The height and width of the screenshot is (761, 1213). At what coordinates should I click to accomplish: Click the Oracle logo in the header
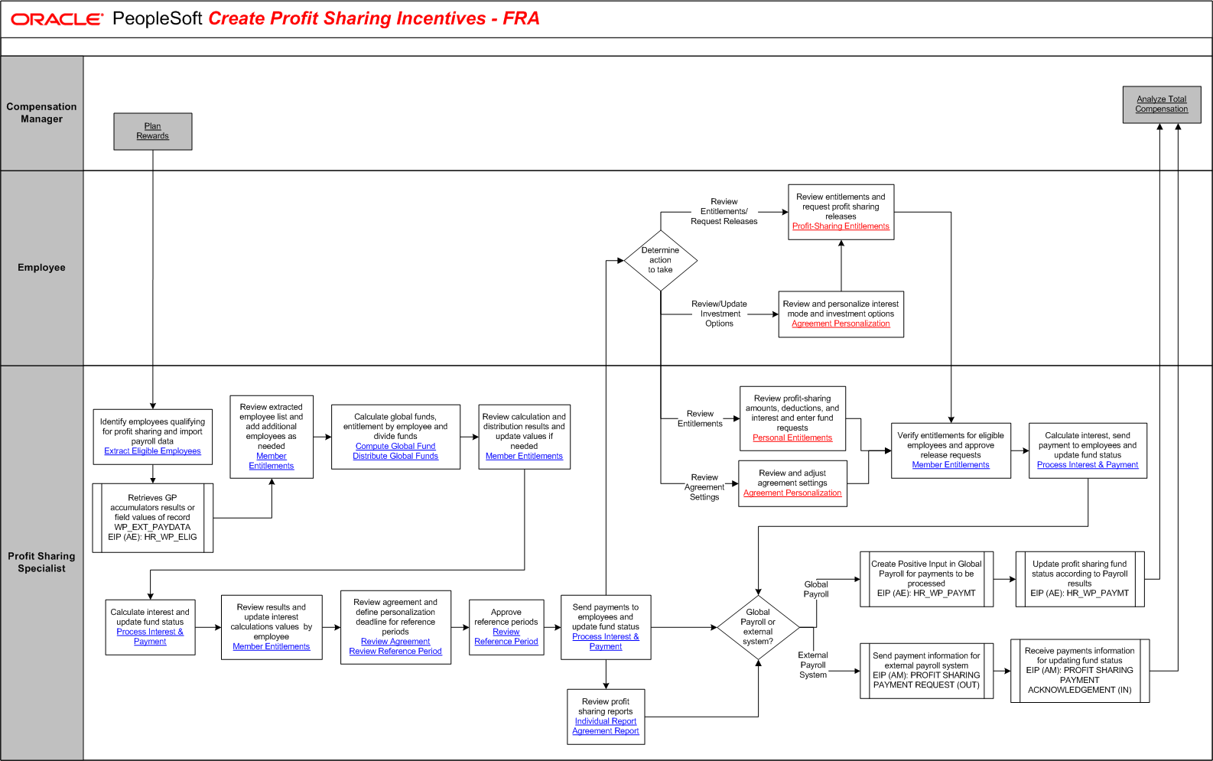[x=57, y=19]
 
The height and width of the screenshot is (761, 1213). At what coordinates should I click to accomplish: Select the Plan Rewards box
[x=153, y=132]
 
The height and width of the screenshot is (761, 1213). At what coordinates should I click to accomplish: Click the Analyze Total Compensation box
[x=1161, y=104]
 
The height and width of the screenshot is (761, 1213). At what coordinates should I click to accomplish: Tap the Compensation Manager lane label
[x=41, y=113]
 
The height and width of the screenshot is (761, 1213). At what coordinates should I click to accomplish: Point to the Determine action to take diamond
[x=660, y=260]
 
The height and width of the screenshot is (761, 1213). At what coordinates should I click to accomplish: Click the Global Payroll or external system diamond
[x=758, y=627]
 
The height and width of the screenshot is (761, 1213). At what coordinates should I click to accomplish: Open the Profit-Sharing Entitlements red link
[x=841, y=226]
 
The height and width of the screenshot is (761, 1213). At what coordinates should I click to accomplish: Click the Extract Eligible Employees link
[x=152, y=451]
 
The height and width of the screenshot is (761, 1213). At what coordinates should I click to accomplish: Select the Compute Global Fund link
[x=395, y=447]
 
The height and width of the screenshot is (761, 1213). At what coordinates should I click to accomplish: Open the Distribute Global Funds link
[x=395, y=457]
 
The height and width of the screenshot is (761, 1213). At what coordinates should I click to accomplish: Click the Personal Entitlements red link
[x=792, y=438]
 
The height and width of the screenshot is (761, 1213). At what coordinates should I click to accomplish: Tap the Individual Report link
[x=606, y=721]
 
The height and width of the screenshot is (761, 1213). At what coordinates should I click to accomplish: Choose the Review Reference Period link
[x=395, y=652]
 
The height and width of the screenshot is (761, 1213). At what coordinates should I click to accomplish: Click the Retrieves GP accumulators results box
[x=153, y=518]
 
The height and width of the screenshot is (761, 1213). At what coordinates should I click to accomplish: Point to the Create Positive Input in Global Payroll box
[x=926, y=579]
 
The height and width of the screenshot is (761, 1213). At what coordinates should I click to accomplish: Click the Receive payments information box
[x=1079, y=671]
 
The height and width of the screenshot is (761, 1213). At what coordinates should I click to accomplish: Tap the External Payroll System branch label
[x=813, y=665]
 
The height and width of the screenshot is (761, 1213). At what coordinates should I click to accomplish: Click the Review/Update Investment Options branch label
[x=719, y=314]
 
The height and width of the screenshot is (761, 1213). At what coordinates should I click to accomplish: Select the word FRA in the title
[x=521, y=18]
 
